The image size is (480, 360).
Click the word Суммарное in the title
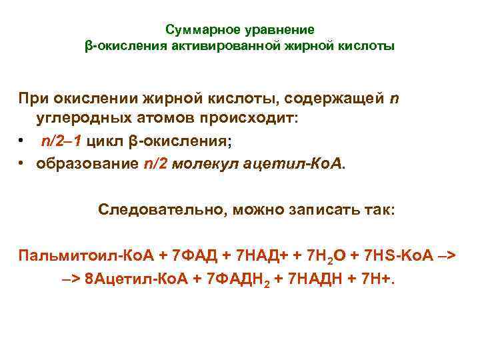coord(201,30)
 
